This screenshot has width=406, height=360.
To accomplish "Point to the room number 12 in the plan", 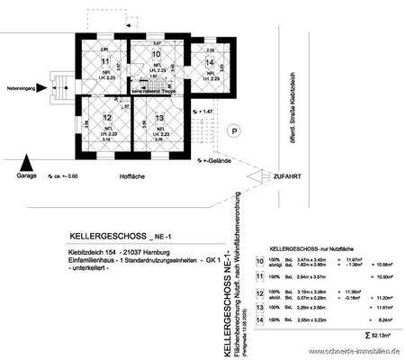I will (106, 118).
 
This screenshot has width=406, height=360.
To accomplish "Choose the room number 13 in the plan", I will (158, 119).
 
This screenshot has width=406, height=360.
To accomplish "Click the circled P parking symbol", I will (235, 131).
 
